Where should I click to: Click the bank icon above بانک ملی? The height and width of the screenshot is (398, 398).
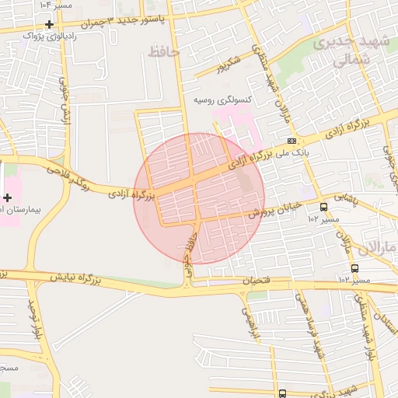click(x=292, y=141)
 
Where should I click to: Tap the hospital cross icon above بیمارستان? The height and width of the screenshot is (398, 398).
click(x=8, y=197)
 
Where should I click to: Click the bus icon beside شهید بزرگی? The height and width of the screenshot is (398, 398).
click(x=281, y=393)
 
